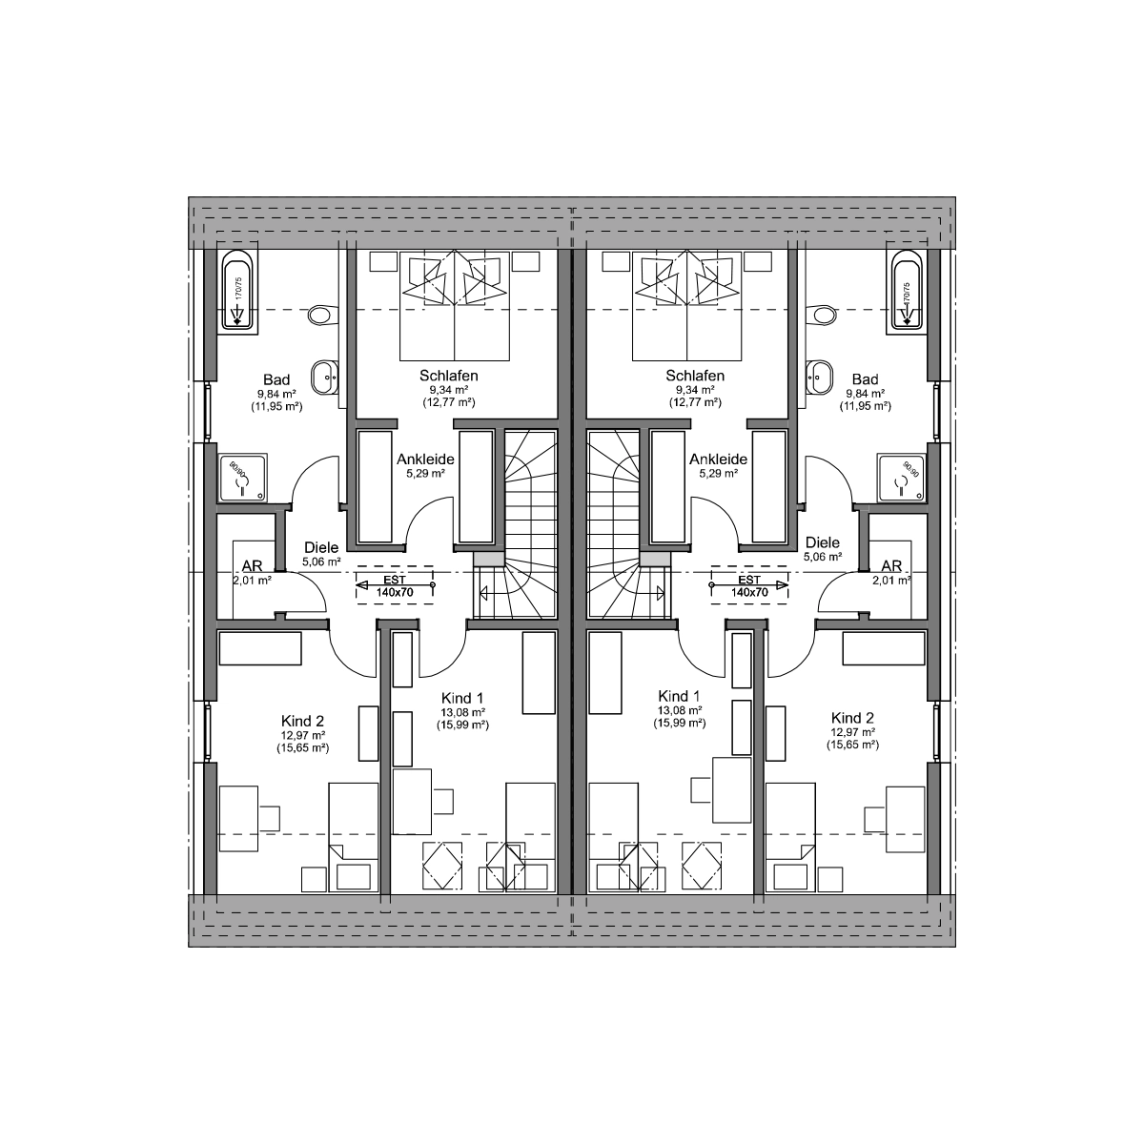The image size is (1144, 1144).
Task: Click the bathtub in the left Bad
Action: pos(237,289)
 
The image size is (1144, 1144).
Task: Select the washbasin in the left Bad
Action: pos(325,377)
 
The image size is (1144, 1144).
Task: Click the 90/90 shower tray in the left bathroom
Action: pos(242,478)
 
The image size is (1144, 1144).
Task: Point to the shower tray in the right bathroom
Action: pos(901,478)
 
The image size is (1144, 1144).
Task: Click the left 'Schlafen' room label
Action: pos(448,376)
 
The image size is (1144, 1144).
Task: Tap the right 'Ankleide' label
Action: pos(718,459)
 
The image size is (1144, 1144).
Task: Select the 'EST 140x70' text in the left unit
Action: pos(395,585)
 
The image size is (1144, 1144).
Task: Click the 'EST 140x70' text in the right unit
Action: pos(749,585)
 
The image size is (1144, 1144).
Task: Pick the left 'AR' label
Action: pos(252,565)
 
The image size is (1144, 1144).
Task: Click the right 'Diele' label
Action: pos(822,542)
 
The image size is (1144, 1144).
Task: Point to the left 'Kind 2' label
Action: pos(303,721)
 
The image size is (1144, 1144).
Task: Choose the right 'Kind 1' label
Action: pos(679,696)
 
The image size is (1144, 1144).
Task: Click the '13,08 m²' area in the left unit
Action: pos(463,712)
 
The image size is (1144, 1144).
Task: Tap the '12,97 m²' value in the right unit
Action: pos(852,732)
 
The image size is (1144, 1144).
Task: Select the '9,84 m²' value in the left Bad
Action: pos(276,393)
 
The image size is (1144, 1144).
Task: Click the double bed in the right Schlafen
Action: pos(686,306)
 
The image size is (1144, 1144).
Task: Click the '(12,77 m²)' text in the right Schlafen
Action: pos(695,402)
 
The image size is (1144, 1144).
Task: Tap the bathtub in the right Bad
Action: pos(907,289)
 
